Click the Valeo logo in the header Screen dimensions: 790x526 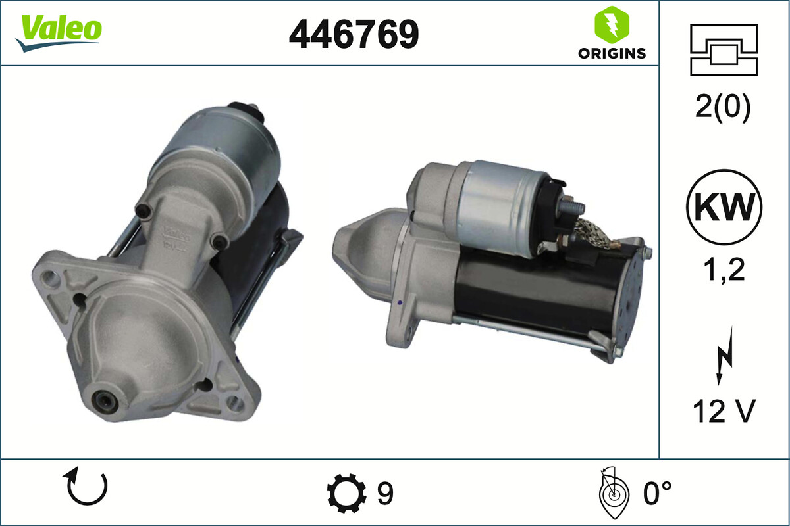point(59,33)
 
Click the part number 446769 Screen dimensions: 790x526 point(354,34)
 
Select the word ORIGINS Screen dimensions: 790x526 point(612,53)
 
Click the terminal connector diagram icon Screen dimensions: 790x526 point(724,50)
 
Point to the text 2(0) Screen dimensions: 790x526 point(723,107)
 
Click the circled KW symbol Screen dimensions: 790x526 point(724,207)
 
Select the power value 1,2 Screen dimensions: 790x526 point(724,270)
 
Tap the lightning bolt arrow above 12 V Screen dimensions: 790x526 point(725,356)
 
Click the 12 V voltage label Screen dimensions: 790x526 point(724,411)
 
